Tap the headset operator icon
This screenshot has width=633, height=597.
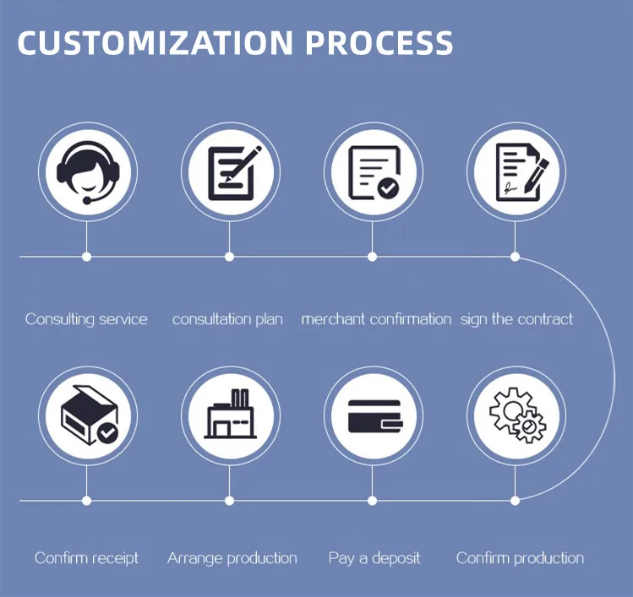86,172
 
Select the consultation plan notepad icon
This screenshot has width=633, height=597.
230,172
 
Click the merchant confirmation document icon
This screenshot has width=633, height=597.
373,172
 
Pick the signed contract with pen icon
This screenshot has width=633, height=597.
516,172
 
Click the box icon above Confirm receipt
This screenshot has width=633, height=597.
86,416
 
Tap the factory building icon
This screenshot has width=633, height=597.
230,416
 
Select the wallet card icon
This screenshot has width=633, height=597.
373,416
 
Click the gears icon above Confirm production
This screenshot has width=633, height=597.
516,416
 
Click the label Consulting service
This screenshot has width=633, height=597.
86,319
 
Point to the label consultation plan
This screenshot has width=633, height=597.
227,319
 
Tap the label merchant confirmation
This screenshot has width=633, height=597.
376,319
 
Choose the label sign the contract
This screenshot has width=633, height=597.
516,319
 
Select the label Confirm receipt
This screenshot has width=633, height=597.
86,558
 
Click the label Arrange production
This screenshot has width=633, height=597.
232,558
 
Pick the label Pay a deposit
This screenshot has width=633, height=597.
374,558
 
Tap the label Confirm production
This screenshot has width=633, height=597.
520,558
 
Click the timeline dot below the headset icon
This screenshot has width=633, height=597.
86,256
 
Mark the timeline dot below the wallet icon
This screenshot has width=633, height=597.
373,500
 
